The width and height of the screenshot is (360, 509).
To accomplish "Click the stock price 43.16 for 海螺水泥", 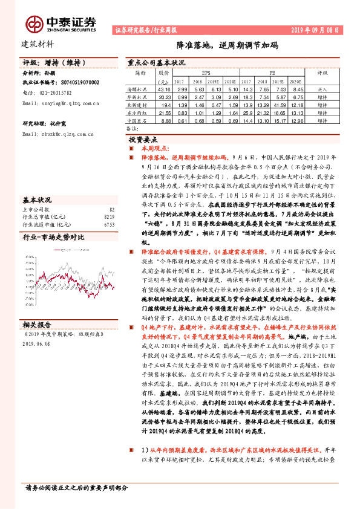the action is (x=163, y=89).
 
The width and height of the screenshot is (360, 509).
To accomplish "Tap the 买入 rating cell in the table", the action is (x=322, y=89).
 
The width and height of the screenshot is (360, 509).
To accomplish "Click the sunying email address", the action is (x=60, y=104).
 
